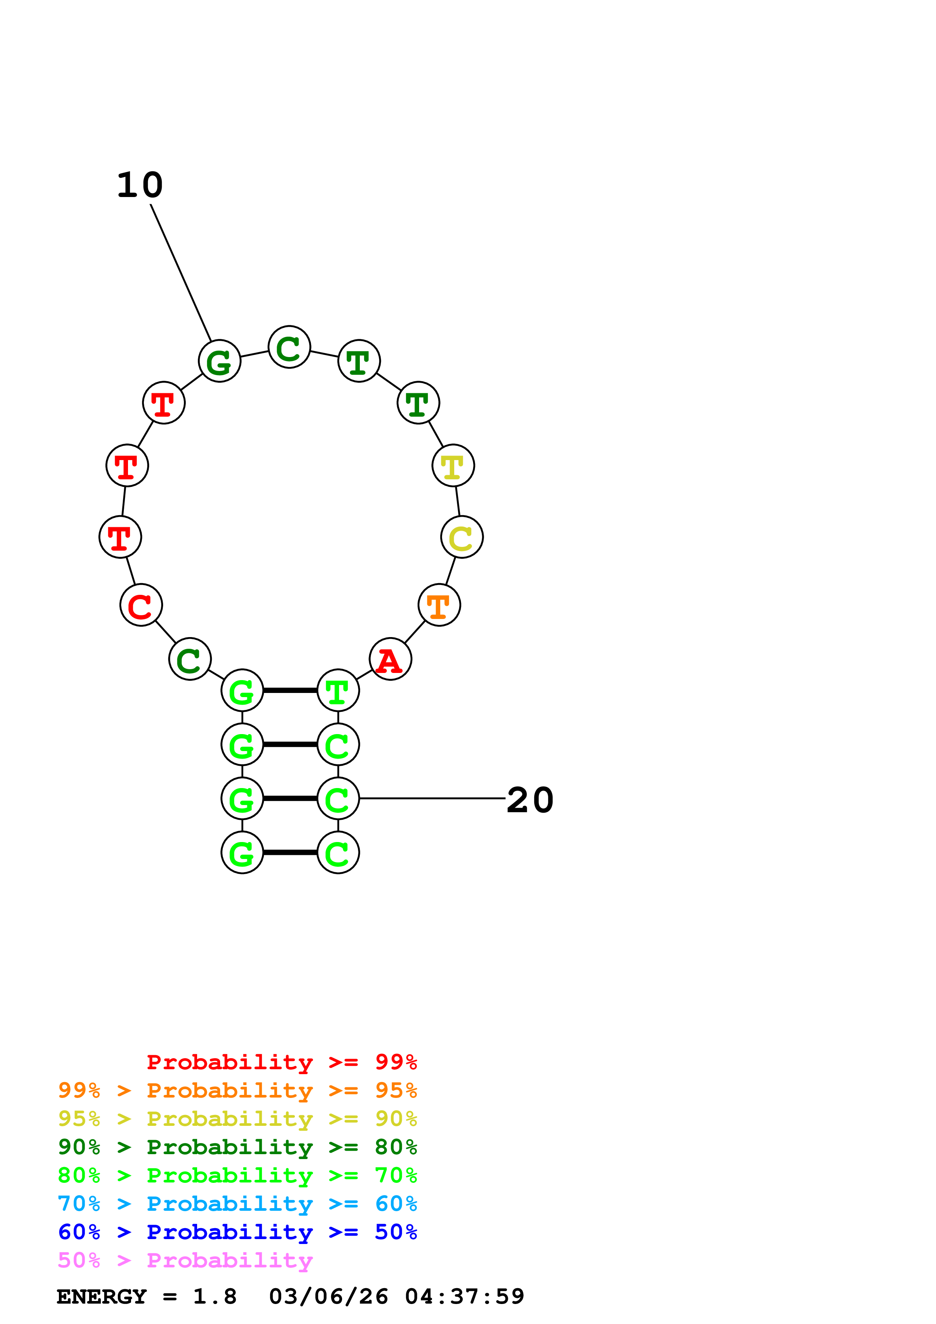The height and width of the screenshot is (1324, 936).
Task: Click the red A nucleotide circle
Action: [x=390, y=659]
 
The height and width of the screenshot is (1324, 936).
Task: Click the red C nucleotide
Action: [x=141, y=605]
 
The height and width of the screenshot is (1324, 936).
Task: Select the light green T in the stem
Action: [x=338, y=690]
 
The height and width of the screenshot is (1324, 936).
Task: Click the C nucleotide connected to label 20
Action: [x=338, y=799]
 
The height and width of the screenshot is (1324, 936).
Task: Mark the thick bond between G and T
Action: [x=290, y=690]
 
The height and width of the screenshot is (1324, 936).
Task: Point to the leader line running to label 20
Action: [x=433, y=799]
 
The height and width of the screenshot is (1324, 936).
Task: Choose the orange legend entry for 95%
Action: [x=237, y=1090]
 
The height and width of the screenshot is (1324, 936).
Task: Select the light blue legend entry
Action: [x=237, y=1204]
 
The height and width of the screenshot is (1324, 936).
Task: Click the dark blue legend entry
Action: [x=237, y=1232]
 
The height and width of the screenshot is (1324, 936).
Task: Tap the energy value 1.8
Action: [x=214, y=1296]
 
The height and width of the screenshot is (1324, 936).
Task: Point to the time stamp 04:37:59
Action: [x=464, y=1296]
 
